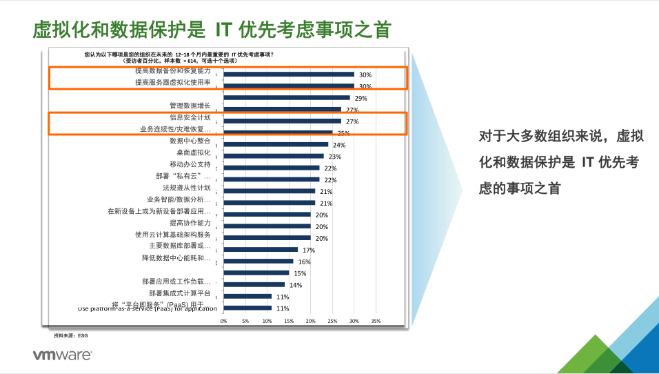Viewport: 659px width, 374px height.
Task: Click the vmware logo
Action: click(63, 355)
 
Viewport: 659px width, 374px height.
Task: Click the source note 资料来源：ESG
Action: click(71, 336)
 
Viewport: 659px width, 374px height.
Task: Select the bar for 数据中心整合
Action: click(276, 144)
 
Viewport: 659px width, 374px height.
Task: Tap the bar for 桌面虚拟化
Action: click(274, 156)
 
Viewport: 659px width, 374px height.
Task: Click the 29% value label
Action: click(361, 99)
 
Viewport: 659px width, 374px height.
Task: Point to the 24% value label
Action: click(338, 146)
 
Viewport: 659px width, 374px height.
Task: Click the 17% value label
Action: click(308, 250)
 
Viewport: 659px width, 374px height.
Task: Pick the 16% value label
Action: click(304, 262)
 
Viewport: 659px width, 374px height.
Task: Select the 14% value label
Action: click(295, 286)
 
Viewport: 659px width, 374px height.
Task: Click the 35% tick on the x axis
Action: click(376, 321)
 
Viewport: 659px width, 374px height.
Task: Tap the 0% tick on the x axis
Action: click(223, 321)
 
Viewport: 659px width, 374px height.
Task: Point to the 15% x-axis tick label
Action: click(289, 321)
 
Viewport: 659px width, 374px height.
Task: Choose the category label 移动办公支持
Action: click(190, 164)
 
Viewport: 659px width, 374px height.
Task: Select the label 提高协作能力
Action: click(190, 223)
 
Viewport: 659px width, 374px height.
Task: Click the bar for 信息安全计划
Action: click(283, 121)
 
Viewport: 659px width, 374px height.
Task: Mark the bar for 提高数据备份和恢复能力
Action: click(289, 74)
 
